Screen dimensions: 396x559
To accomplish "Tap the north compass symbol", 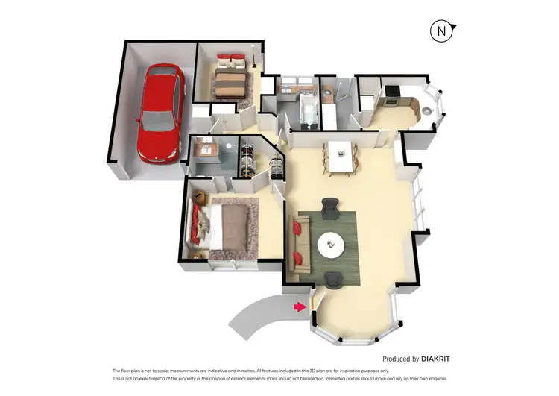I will click(x=442, y=31).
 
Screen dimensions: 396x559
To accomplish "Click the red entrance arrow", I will click(x=300, y=307).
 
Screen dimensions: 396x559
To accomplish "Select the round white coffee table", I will click(x=330, y=243).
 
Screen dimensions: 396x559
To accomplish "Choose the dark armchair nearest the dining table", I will click(x=329, y=204).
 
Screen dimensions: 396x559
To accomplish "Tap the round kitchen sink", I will click(x=426, y=110).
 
